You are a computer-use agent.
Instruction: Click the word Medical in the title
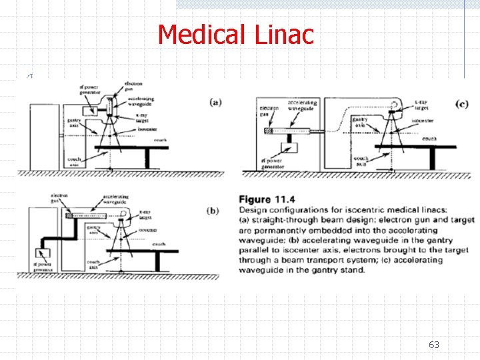pos(197,35)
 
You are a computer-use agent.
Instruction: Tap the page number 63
pos(434,345)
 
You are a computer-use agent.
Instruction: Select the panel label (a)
pos(215,102)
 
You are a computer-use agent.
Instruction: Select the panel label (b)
pos(213,210)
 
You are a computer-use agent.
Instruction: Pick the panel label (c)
pos(461,103)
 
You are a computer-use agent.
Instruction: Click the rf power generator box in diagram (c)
pos(291,147)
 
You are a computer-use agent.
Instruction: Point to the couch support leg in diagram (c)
pos(433,160)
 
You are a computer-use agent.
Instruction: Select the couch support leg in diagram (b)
pos(157,261)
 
